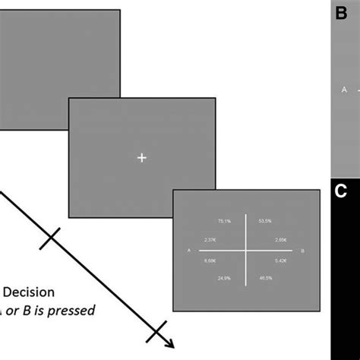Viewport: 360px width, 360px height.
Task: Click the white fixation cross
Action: click(x=142, y=157)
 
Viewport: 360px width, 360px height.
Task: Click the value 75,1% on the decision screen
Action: click(x=224, y=221)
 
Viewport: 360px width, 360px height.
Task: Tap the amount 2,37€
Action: click(x=210, y=239)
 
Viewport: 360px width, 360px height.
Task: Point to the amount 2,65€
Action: click(x=280, y=239)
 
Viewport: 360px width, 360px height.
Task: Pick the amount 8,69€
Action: click(x=210, y=261)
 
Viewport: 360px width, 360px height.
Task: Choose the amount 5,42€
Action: click(x=280, y=261)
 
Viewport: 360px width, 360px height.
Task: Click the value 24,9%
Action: click(x=224, y=279)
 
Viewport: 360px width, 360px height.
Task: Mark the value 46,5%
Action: click(x=265, y=279)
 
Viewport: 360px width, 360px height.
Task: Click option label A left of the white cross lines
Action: click(x=188, y=250)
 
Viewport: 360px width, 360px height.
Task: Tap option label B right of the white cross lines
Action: click(x=302, y=250)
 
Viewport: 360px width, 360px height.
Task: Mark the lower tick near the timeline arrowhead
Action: click(x=156, y=331)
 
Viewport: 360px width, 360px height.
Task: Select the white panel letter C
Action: click(x=340, y=191)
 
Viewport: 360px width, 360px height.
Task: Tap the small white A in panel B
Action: click(x=344, y=90)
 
